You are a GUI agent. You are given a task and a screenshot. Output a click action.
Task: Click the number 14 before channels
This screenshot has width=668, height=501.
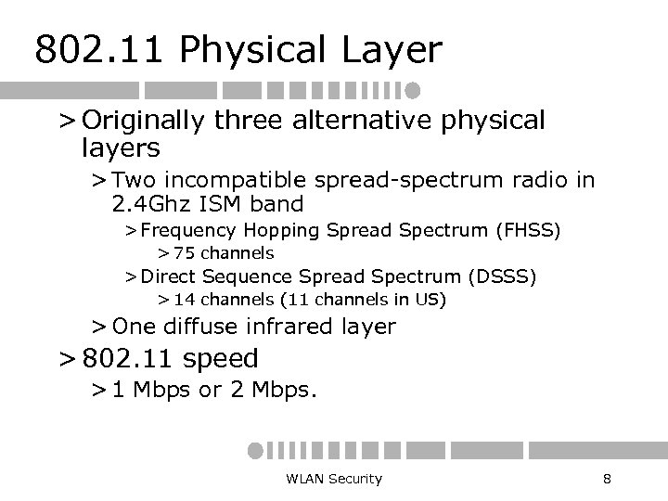[x=186, y=300]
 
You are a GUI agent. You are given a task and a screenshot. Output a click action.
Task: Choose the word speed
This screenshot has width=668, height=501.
[x=221, y=358]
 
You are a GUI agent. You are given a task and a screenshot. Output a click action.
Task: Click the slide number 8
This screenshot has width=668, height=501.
[x=606, y=479]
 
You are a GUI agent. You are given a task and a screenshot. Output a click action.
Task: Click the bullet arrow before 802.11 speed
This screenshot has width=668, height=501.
[x=67, y=359]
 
